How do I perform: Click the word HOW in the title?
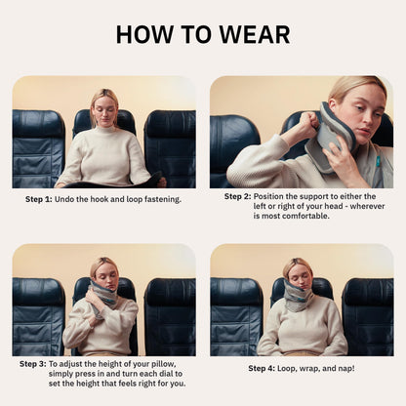[145, 34]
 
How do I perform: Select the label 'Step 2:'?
[238, 196]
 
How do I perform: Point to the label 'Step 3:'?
[33, 364]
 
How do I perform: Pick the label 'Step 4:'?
[262, 368]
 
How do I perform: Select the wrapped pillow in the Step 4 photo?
[300, 296]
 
